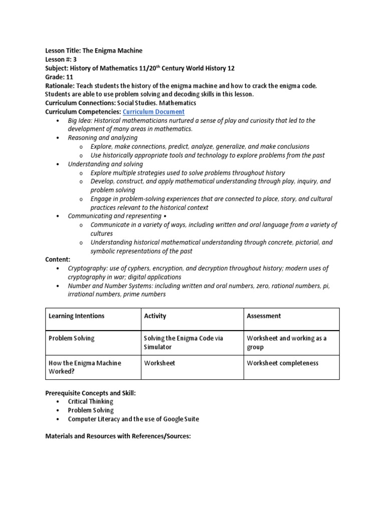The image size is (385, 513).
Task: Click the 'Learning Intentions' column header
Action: [x=76, y=316]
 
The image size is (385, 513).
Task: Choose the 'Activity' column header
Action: [x=155, y=316]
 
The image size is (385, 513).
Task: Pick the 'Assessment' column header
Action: [x=264, y=316]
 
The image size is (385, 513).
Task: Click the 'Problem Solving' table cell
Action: [x=71, y=338]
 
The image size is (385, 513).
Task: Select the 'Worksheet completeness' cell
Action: [x=282, y=363]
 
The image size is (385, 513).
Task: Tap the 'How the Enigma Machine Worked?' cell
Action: [x=84, y=367]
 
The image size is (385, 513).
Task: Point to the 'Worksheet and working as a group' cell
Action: [x=286, y=342]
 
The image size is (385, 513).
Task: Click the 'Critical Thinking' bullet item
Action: [x=90, y=401]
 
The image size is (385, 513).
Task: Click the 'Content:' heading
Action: [x=58, y=260]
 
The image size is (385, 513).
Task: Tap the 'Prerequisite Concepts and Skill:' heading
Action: [x=90, y=393]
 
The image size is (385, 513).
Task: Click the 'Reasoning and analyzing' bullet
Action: [x=103, y=138]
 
